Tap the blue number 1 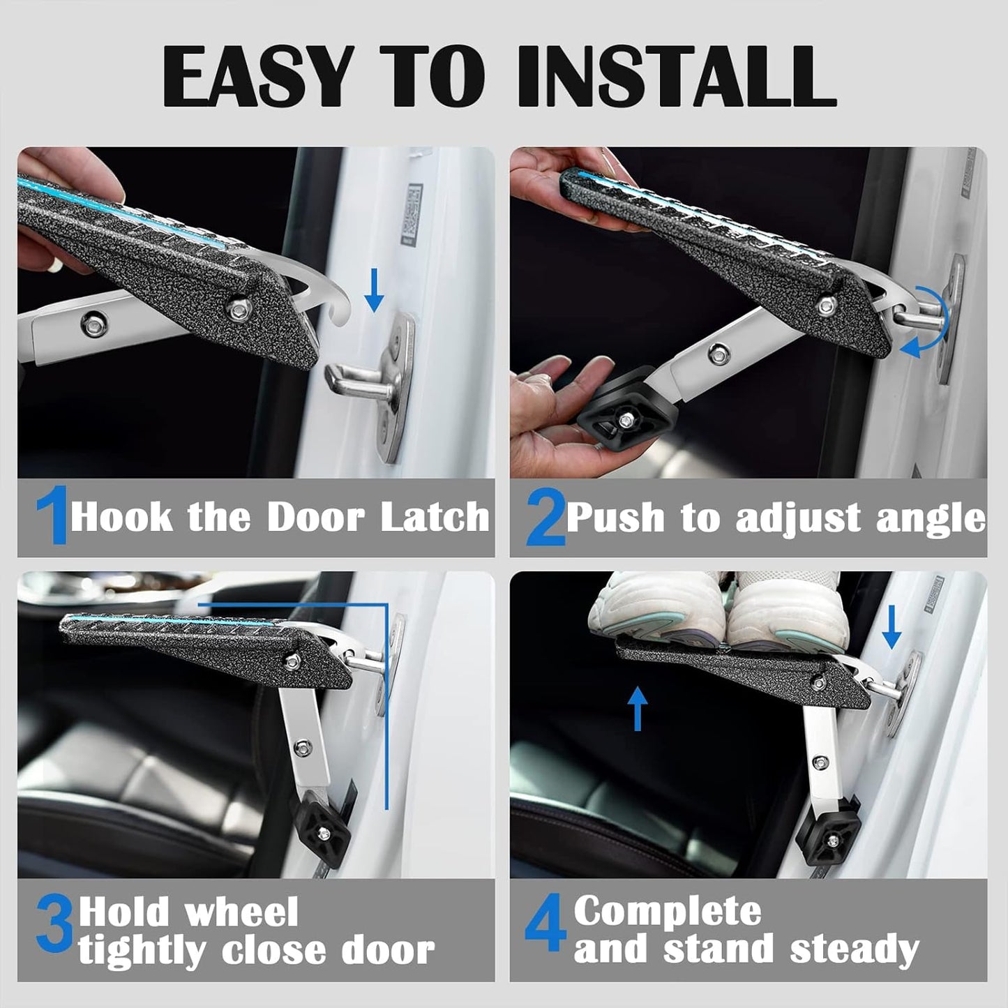coord(52,516)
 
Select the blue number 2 coord(545,518)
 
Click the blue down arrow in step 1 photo coord(374,292)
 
